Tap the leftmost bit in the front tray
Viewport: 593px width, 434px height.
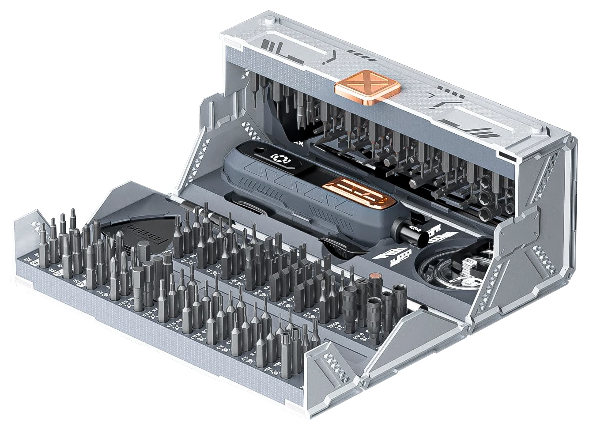[43, 249]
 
